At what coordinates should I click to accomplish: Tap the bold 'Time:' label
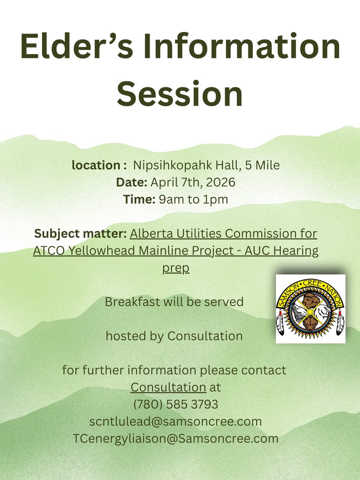point(138,199)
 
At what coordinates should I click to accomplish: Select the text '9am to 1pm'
point(194,199)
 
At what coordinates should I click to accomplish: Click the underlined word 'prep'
point(176,268)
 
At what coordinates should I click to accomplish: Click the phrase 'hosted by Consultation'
point(174,336)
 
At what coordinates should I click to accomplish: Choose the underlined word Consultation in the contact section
point(168,387)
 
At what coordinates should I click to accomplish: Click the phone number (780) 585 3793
point(176,404)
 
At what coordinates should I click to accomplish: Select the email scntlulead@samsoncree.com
point(176,422)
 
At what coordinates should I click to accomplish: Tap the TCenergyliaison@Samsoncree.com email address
point(176,438)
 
